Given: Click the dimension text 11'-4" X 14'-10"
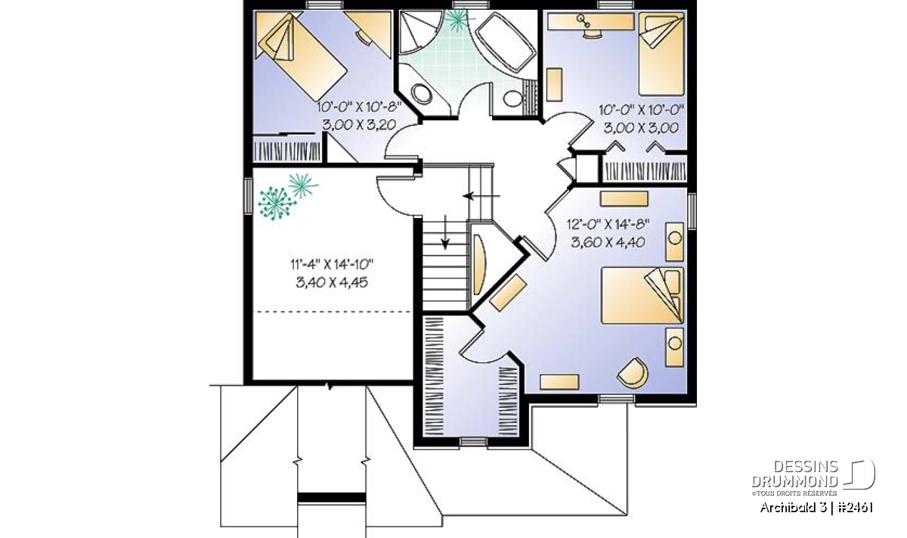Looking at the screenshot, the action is point(332,264).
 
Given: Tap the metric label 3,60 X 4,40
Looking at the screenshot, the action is point(608,242).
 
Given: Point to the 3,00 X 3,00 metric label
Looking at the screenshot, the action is point(642,128).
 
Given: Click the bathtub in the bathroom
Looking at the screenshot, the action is point(506,43).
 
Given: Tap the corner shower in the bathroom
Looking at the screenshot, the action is point(419,33).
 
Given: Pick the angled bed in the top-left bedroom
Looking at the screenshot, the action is point(302,57).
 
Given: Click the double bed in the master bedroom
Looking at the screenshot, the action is point(642,295).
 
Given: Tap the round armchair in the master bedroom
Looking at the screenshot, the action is point(633,373).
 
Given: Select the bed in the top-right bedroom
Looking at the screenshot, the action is point(661,54).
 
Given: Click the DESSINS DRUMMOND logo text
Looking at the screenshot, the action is point(795,474).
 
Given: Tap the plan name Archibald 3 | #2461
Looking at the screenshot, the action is point(816,508).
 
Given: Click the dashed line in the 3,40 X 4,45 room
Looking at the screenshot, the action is point(332,311).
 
